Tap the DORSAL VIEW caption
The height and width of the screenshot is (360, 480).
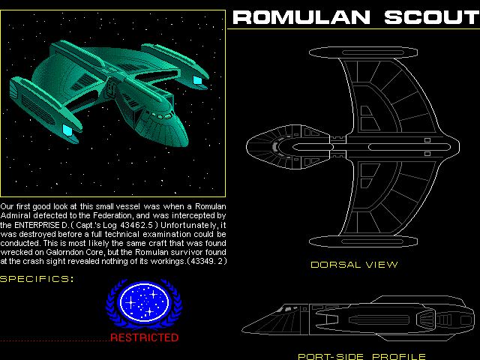[354, 265]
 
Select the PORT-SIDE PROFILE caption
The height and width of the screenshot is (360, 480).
[361, 356]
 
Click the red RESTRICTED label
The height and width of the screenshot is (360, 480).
[144, 337]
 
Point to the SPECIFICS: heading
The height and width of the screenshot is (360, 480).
[37, 279]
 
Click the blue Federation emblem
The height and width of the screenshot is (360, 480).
[144, 304]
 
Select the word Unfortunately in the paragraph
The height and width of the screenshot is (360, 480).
[191, 224]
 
